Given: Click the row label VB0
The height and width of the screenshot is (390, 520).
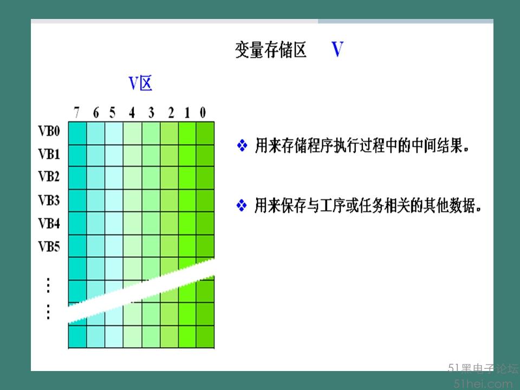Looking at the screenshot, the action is tap(49, 131).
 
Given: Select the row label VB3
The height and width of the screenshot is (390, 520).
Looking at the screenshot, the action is tap(49, 200).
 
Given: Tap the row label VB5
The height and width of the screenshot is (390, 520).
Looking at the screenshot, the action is tap(49, 246).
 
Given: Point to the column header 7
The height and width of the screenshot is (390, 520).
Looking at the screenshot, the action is tap(76, 113).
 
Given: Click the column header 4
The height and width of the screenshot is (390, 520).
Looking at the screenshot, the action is tap(132, 113).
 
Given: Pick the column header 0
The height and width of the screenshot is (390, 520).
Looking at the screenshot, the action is tap(203, 113).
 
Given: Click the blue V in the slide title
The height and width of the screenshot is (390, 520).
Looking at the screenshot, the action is tap(337, 49).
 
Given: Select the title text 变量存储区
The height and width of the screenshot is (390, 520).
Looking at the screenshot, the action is tap(271, 50).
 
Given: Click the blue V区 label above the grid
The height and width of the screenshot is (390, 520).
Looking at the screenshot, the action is tap(140, 83).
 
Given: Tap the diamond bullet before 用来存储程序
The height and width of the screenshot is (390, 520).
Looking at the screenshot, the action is tap(242, 145).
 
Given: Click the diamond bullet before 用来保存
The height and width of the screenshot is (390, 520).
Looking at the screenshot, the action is tap(242, 205).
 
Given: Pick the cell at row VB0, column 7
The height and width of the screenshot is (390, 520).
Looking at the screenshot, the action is tap(77, 133).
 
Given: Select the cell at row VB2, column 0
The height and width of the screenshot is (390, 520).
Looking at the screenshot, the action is tap(205, 178).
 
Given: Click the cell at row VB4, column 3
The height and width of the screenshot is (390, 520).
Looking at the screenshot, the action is tap(151, 223).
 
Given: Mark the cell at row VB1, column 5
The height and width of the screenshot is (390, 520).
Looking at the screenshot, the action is tap(114, 155).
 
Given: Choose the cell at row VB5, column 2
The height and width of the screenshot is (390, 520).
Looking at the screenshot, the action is tap(169, 246).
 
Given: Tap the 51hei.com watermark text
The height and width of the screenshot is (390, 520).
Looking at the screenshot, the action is tap(483, 384).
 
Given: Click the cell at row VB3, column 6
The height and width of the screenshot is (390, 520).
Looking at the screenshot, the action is tap(96, 200).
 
